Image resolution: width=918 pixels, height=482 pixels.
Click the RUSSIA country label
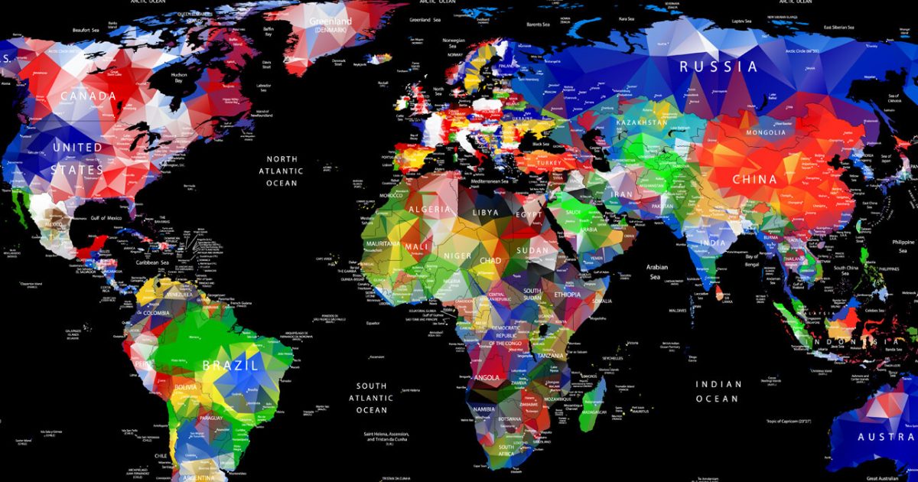click(719, 67)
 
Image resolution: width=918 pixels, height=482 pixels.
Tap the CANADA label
click(89, 96)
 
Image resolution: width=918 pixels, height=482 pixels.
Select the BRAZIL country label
click(228, 365)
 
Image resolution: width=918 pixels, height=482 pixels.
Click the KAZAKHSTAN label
click(641, 122)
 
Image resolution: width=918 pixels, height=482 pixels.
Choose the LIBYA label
click(486, 212)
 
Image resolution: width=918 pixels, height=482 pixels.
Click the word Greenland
click(331, 21)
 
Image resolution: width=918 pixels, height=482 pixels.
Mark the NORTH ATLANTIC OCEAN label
click(282, 171)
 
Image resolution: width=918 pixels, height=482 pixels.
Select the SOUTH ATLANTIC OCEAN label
click(371, 398)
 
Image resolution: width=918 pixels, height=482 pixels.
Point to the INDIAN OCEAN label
click(718, 391)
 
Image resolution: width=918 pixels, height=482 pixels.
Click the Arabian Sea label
click(658, 272)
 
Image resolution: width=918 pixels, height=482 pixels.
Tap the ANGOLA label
click(486, 377)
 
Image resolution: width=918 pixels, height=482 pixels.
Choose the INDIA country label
click(713, 243)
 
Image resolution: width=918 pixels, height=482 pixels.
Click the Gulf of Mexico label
click(106, 218)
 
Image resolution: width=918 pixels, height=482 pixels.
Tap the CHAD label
click(490, 261)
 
